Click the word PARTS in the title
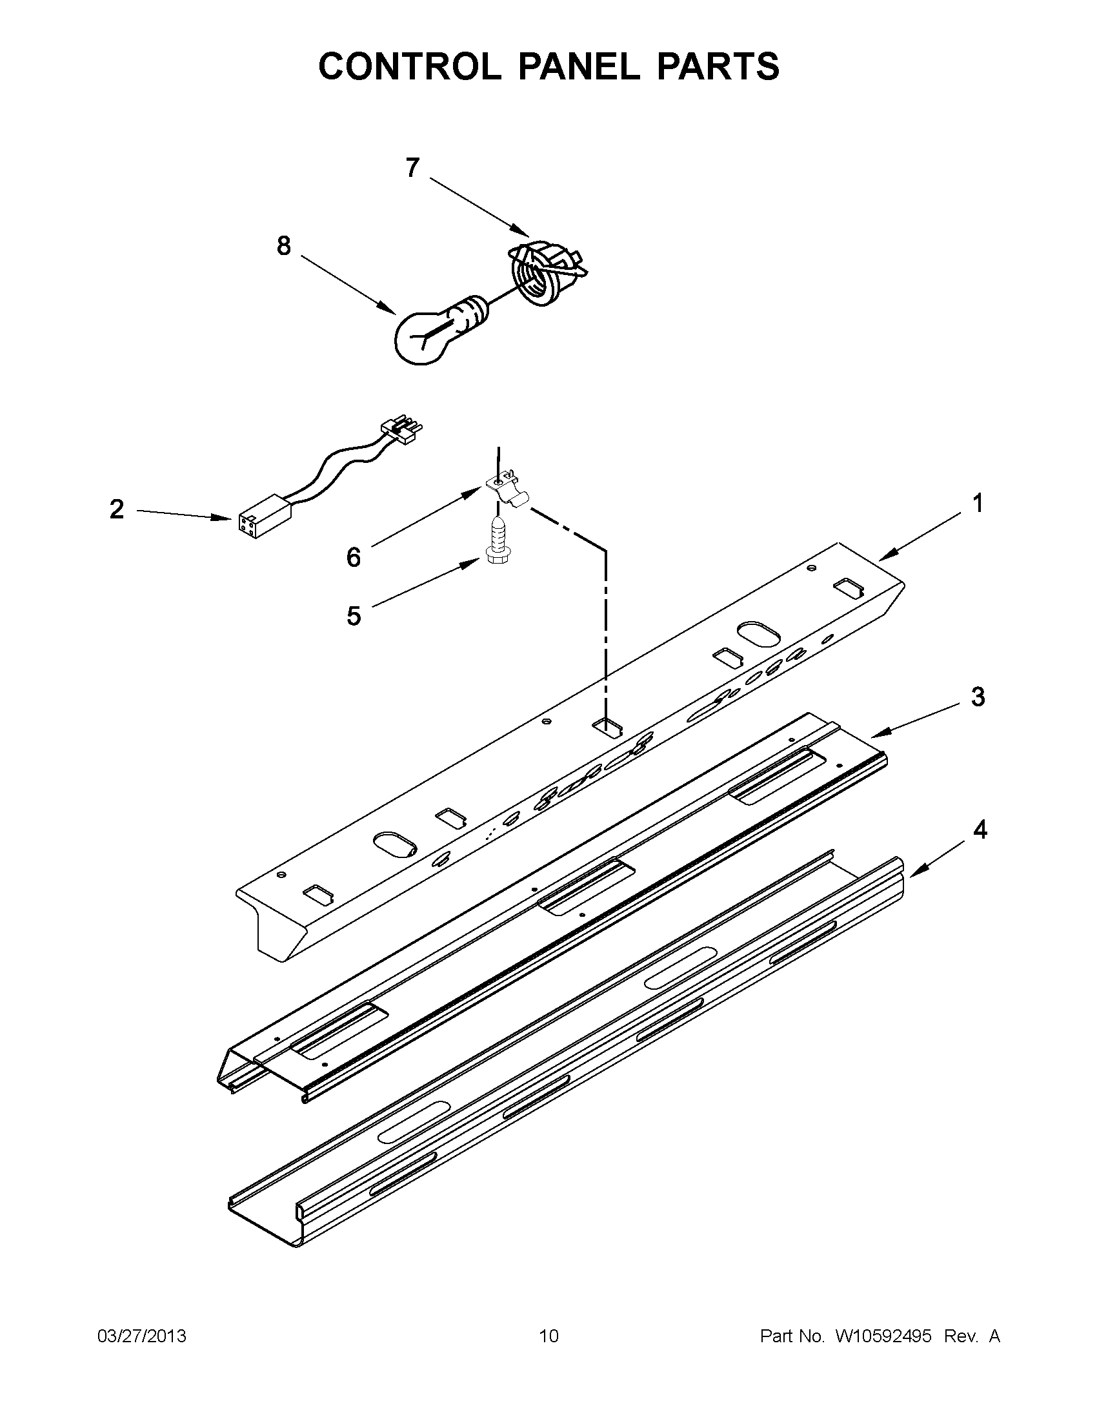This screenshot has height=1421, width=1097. tap(717, 66)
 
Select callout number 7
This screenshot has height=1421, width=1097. tap(412, 168)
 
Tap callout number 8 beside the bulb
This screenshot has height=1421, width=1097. tap(283, 246)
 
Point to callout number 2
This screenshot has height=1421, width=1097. tap(116, 509)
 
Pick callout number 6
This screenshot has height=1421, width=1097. tap(353, 557)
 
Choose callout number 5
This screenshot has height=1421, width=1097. tap(353, 615)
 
